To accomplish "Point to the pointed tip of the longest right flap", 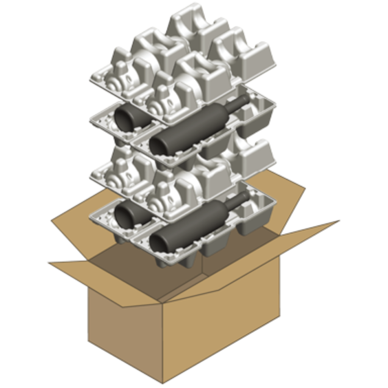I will [338, 221].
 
